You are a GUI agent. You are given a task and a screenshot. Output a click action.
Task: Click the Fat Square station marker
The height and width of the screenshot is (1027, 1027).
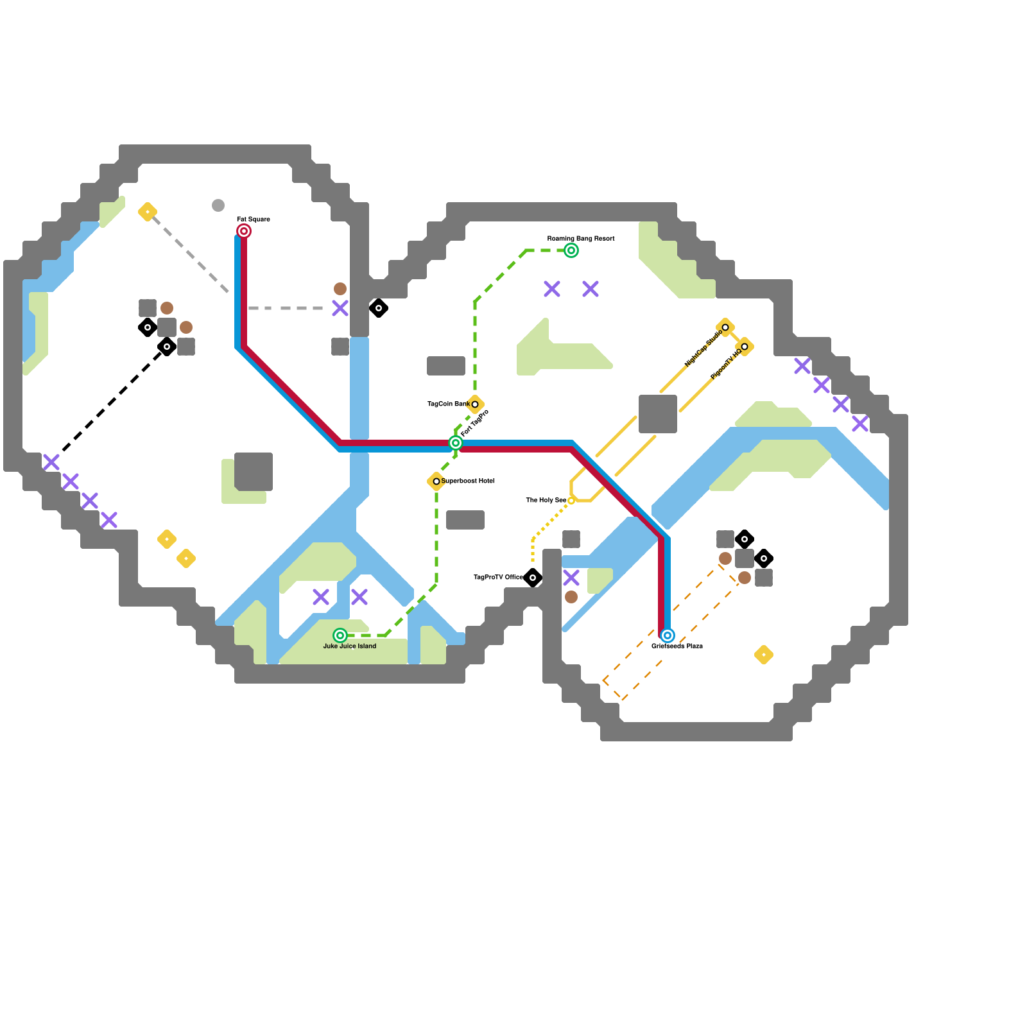tap(244, 231)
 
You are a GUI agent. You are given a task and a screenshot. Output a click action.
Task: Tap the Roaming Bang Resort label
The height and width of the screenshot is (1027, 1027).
tap(581, 239)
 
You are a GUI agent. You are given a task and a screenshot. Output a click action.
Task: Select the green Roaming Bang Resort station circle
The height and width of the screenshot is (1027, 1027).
tap(571, 250)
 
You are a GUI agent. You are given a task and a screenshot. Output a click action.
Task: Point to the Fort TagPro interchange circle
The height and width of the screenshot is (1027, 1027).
tap(456, 443)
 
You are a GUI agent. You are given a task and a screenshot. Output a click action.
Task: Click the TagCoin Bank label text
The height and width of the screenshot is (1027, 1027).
tap(448, 404)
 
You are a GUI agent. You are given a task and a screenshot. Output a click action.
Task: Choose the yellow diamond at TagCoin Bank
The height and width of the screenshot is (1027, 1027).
tap(475, 404)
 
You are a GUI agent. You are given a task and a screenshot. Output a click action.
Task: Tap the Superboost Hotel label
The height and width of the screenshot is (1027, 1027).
tap(468, 481)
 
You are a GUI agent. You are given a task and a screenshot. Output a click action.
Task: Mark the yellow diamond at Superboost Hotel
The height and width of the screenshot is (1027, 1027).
tap(436, 481)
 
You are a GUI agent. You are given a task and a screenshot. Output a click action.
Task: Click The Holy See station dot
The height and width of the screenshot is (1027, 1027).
tap(571, 501)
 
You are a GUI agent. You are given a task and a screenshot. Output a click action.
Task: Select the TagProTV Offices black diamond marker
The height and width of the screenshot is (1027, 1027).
tap(533, 578)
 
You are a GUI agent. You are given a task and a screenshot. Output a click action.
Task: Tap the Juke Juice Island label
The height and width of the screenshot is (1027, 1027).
tap(350, 646)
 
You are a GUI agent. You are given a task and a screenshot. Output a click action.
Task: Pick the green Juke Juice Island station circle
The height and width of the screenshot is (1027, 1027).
tap(340, 635)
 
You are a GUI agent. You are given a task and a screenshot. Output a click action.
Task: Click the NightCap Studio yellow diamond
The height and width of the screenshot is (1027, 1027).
tap(725, 327)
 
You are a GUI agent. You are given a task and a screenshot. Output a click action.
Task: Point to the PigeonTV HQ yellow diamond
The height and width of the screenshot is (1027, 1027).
tap(745, 347)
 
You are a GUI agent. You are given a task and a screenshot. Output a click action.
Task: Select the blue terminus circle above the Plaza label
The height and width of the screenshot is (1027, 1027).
tap(668, 635)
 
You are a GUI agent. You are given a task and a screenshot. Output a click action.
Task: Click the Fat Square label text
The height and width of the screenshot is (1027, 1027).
tap(254, 220)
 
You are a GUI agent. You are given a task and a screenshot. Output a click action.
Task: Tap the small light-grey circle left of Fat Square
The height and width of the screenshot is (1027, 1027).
tap(218, 205)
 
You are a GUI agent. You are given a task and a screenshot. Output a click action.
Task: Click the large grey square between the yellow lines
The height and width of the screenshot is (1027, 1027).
tap(658, 414)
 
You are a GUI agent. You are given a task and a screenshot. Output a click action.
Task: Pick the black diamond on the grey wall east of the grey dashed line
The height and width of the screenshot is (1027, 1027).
tap(379, 308)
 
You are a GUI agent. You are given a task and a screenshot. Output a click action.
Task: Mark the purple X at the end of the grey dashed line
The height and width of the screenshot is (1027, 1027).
tap(340, 308)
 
